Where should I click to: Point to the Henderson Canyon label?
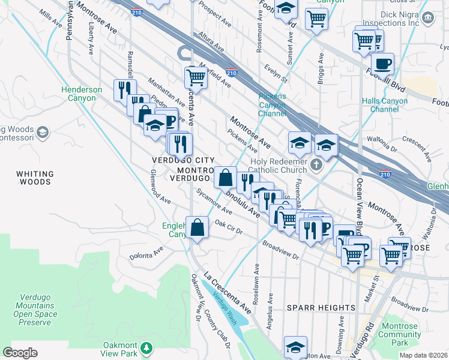tap(82, 94)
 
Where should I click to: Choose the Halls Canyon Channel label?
tap(384, 105)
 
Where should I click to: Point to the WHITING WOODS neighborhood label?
tap(35, 178)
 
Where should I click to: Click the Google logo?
tap(20, 353)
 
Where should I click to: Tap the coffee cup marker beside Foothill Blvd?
tap(382, 63)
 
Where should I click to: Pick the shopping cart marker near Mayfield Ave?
tap(196, 77)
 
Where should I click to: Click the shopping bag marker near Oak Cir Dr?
tap(197, 227)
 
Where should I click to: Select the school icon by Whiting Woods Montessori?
tap(42, 131)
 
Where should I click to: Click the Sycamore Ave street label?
tap(214, 201)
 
